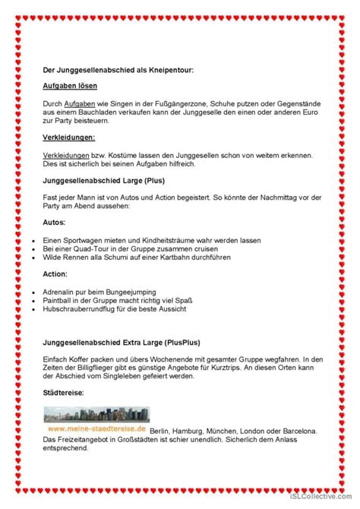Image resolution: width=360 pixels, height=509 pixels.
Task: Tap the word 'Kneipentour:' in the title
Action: (x=172, y=71)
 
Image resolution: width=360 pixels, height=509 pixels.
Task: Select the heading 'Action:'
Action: (x=57, y=273)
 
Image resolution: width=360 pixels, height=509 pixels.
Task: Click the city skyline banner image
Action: (x=95, y=418)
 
